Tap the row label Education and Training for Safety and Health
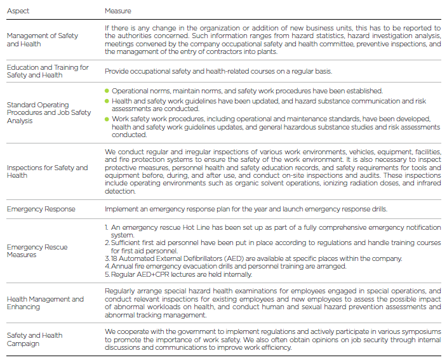click(x=48, y=71)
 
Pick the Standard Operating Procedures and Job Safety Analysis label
click(x=49, y=113)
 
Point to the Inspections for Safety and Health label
click(x=48, y=171)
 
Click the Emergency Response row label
click(x=41, y=209)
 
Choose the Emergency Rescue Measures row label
click(x=37, y=251)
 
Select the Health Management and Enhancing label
click(x=45, y=303)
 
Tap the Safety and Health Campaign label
click(x=34, y=339)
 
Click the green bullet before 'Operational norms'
click(x=107, y=91)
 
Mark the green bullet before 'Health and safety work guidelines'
click(x=107, y=100)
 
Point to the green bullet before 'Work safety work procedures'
click(x=107, y=118)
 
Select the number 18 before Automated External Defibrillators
click(x=114, y=258)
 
